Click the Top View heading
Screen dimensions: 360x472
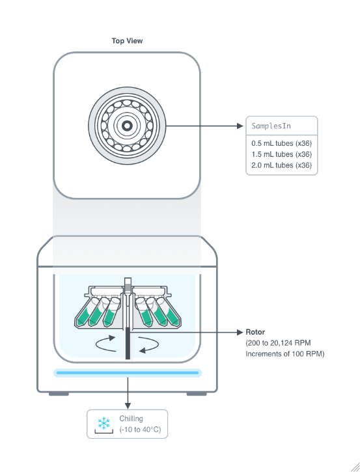(x=127, y=40)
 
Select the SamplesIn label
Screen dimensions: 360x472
(x=271, y=126)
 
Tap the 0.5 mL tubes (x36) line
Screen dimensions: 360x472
(x=281, y=143)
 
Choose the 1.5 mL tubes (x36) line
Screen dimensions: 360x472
(x=281, y=154)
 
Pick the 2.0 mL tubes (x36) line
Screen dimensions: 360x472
(x=281, y=165)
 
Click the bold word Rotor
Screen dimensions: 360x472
(x=255, y=332)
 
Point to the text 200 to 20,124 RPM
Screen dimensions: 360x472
(x=279, y=343)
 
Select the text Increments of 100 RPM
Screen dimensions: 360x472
(x=284, y=354)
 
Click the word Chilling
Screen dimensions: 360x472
(x=131, y=419)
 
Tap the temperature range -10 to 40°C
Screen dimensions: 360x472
(x=140, y=430)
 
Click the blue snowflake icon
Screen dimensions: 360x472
(x=104, y=423)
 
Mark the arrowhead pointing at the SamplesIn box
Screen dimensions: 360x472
(x=240, y=126)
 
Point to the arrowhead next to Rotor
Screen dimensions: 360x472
(x=240, y=332)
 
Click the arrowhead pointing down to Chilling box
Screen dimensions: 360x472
(x=128, y=406)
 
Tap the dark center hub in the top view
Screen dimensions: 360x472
(x=127, y=126)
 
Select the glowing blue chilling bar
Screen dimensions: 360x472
(x=128, y=372)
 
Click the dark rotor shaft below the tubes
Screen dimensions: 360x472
(x=128, y=343)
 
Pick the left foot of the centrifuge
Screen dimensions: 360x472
(x=59, y=394)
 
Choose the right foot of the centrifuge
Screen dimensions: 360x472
(x=197, y=394)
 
